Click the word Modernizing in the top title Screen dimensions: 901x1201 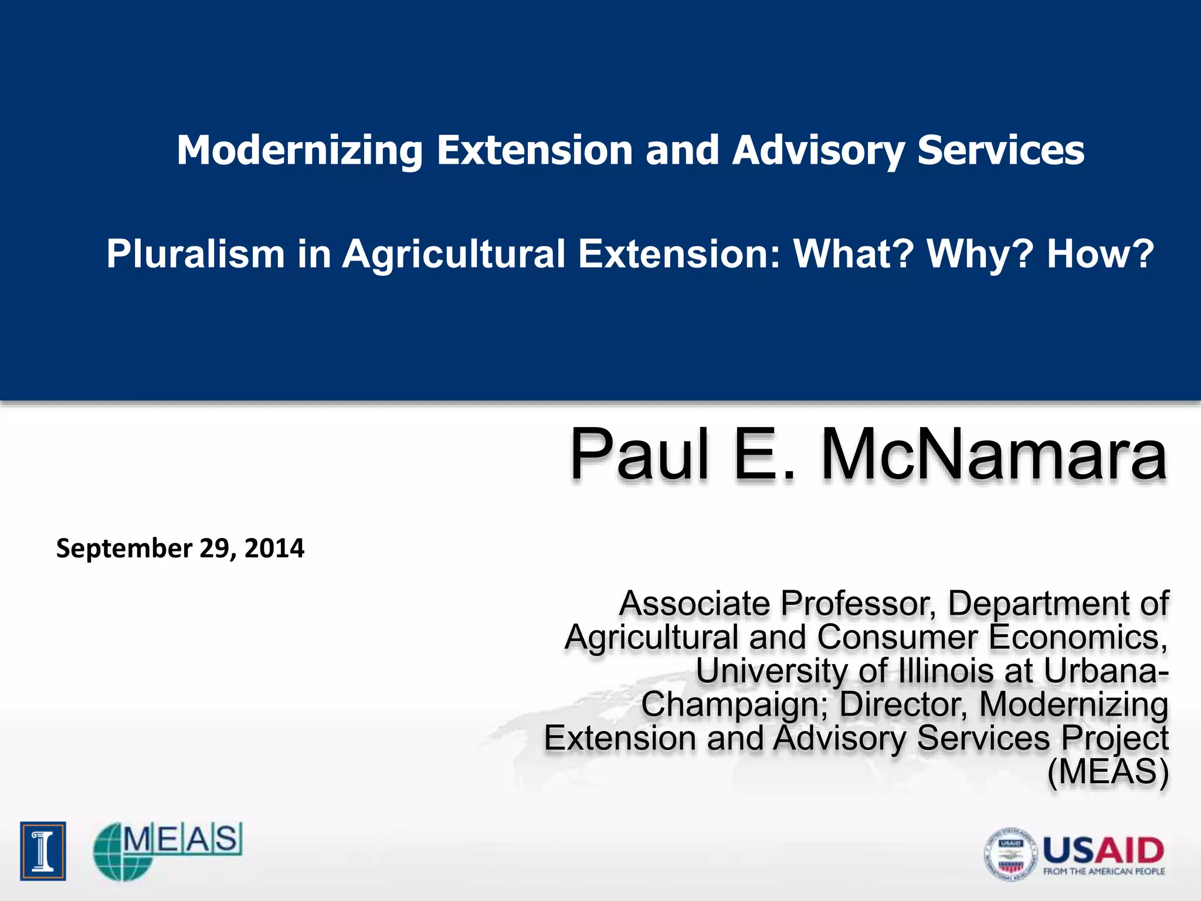(300, 151)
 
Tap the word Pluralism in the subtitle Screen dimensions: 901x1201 (195, 255)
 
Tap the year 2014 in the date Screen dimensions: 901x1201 (274, 548)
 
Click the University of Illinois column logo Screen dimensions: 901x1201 (43, 851)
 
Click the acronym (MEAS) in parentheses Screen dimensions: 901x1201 (1108, 772)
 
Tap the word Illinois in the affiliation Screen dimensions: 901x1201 (946, 671)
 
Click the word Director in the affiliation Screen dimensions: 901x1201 (903, 704)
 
